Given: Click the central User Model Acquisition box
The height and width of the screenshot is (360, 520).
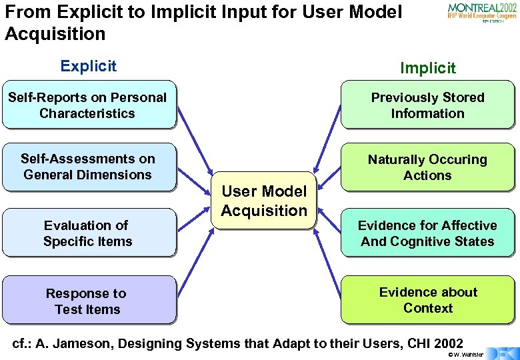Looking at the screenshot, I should coord(264,201).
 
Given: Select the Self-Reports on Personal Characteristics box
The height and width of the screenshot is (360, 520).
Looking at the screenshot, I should coord(89,105).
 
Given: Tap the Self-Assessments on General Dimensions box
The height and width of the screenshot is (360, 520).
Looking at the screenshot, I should coord(89,167).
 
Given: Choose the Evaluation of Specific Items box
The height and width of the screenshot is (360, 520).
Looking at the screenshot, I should coord(89,233).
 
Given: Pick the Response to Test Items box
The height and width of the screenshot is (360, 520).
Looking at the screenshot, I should coord(89,301).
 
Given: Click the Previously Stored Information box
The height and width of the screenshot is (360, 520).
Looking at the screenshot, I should coord(427,105).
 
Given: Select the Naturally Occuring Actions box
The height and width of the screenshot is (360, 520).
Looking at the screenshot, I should coord(427,167).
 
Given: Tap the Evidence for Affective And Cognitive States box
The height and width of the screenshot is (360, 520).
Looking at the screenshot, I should coord(427,233).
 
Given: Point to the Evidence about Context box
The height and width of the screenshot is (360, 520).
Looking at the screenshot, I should coord(427,300).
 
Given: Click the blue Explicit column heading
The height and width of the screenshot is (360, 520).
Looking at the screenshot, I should coord(88,66).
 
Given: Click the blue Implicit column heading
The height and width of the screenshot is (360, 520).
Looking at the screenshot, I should coord(427,68).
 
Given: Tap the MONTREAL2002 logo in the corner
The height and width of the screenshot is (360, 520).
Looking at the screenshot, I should coord(481,12).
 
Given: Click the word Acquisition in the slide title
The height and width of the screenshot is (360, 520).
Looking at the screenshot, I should coord(55,33).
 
